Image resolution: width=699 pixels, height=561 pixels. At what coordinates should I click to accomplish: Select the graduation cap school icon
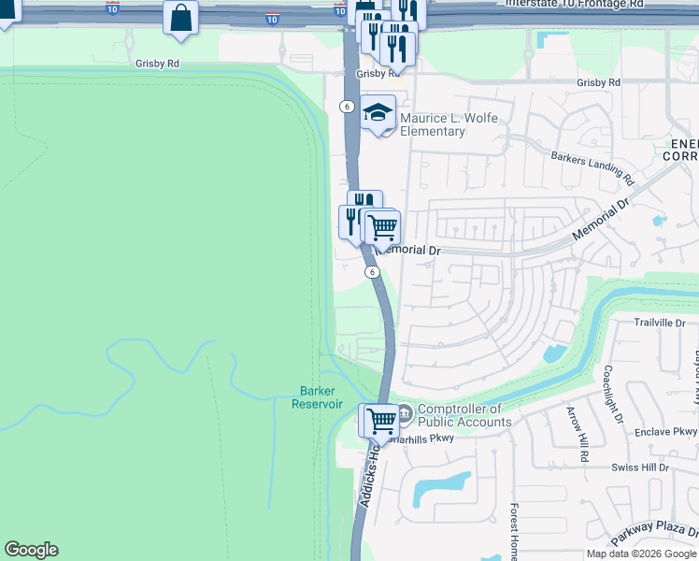[378, 112]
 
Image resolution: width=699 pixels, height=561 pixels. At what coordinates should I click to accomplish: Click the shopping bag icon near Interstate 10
[180, 18]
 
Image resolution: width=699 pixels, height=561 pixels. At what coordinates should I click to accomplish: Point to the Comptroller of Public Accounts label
[465, 415]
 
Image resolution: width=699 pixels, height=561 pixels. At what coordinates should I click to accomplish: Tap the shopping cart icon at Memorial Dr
[382, 226]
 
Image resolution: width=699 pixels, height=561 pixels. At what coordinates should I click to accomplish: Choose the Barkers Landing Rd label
[592, 167]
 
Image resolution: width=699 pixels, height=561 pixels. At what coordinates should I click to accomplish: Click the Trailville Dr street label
[660, 323]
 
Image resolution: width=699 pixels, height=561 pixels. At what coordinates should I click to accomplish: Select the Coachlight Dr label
[613, 395]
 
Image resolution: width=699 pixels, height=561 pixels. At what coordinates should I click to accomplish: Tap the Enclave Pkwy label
[664, 431]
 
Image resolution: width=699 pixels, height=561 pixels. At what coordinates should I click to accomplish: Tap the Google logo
[31, 550]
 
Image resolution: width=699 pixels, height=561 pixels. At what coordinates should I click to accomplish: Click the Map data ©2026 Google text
[641, 554]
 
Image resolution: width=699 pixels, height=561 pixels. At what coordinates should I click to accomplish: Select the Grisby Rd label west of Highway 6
[156, 64]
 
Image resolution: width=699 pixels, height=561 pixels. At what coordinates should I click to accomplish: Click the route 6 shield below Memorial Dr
[372, 271]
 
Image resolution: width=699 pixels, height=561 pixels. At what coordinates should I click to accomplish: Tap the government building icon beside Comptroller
[404, 411]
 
